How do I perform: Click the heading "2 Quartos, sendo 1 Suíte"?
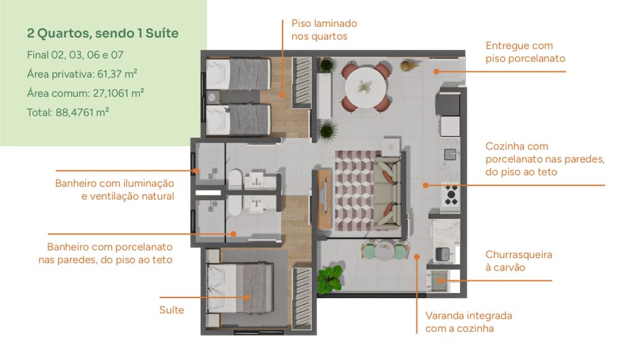[x=102, y=33]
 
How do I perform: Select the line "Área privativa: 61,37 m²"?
[x=82, y=74]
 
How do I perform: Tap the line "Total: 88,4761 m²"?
[x=68, y=112]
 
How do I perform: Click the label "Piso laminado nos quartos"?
[x=324, y=30]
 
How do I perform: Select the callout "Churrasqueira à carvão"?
[x=518, y=261]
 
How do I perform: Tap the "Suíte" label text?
[x=172, y=309]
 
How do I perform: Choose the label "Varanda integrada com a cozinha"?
[x=468, y=322]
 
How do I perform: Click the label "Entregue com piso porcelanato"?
[x=525, y=52]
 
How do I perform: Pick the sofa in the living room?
[x=387, y=193]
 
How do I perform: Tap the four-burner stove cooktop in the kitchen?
[x=450, y=195]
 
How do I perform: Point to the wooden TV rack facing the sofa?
[x=323, y=199]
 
